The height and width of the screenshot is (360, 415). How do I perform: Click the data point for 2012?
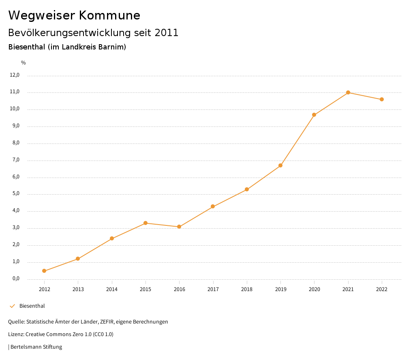pos(44,271)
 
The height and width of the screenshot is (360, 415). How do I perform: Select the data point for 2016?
pos(179,227)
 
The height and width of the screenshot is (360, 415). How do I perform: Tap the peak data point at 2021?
pos(348,92)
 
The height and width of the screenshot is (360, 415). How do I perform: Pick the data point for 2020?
pos(314,115)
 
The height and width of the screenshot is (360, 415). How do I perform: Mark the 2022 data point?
pos(382,99)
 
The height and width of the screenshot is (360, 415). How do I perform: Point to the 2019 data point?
pos(280,165)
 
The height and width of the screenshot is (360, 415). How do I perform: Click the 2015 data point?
pos(145,223)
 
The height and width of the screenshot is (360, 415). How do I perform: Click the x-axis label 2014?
pos(112,289)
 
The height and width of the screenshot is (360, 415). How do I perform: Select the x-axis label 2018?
pos(247,289)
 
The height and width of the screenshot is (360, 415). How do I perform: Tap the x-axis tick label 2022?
pos(382,289)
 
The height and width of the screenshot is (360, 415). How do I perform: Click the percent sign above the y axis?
pos(24,63)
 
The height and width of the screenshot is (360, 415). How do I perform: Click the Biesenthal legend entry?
pos(32,306)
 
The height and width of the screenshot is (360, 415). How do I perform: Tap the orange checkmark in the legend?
pos(12,306)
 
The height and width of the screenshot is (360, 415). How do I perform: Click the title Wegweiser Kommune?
pos(74,15)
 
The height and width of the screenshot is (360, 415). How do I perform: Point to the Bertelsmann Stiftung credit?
pos(36,347)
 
